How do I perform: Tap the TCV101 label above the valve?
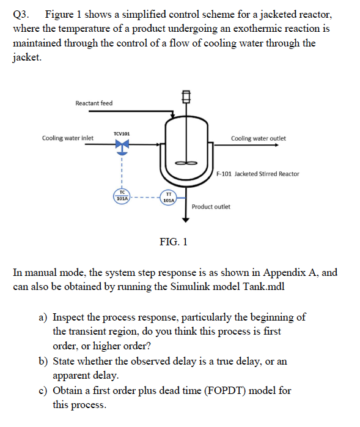121,133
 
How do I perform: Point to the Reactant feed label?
94,103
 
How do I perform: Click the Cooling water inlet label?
67,138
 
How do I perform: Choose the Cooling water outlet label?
258,138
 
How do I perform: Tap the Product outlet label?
211,207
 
